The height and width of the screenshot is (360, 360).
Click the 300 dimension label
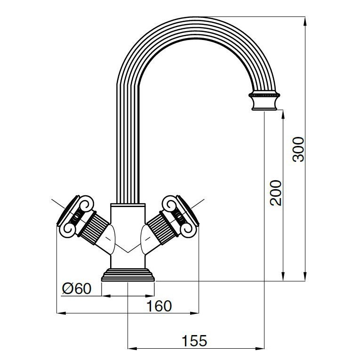coord(298,150)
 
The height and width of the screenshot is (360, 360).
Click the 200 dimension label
coord(275,193)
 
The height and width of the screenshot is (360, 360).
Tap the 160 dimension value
coord(159,306)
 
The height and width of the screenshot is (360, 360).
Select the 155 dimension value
coord(194,341)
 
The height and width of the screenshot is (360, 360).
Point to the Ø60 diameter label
coord(77,288)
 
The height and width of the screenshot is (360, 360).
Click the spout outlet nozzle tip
coord(264,104)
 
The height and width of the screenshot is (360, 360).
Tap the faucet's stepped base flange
coord(128,275)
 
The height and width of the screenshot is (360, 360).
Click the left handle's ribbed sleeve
coord(94,227)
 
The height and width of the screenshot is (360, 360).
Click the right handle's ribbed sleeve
coord(162,227)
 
